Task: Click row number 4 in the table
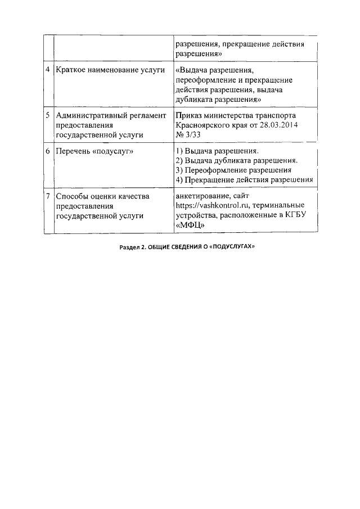(48, 70)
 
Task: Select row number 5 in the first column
(48, 115)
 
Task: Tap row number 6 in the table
(48, 152)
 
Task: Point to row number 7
(48, 196)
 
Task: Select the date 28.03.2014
(276, 125)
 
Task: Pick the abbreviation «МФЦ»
(190, 226)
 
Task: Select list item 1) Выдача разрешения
(217, 152)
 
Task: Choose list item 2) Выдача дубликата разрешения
(236, 161)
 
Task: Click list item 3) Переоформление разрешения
(233, 170)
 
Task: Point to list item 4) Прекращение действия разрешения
(244, 180)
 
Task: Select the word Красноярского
(204, 125)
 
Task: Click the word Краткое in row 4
(72, 70)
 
